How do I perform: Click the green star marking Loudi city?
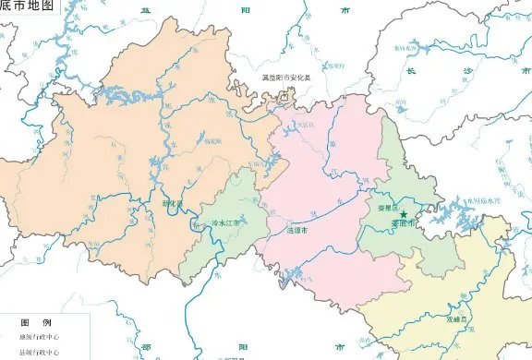point(404,214)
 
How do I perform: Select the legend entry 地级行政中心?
point(38,337)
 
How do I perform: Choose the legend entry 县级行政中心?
point(38,352)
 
